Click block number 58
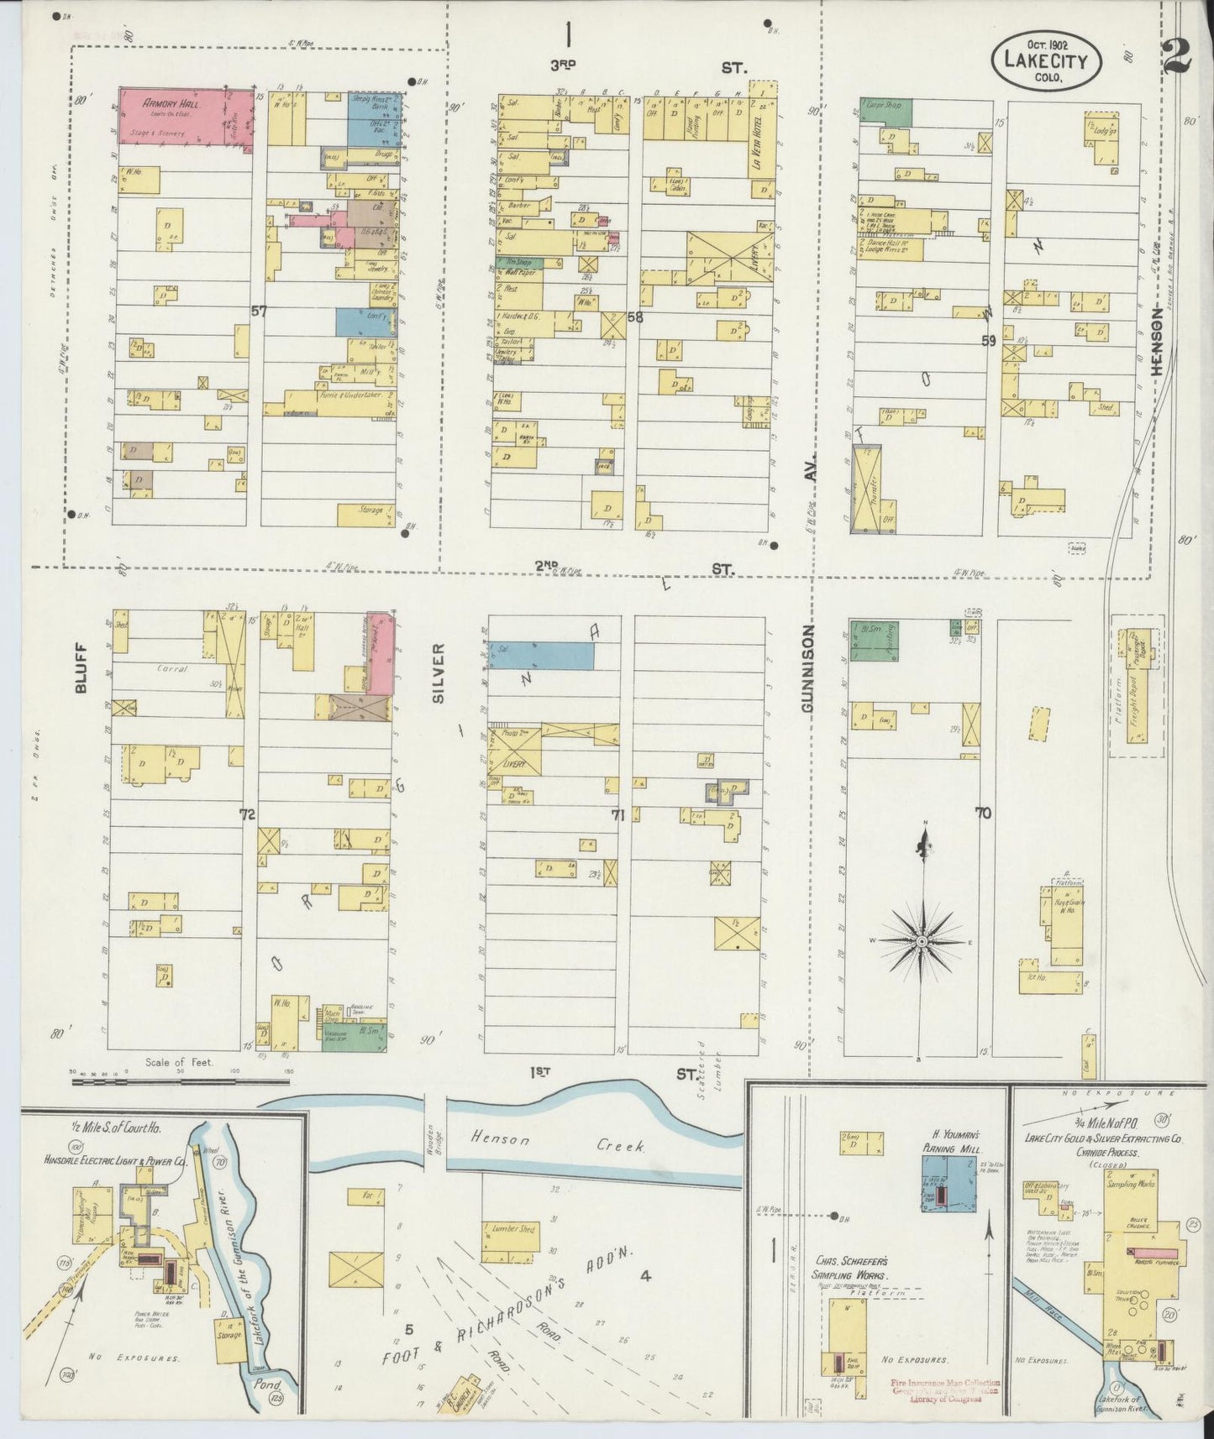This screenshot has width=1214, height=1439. click(x=634, y=317)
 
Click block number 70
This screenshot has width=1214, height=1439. click(x=983, y=813)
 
